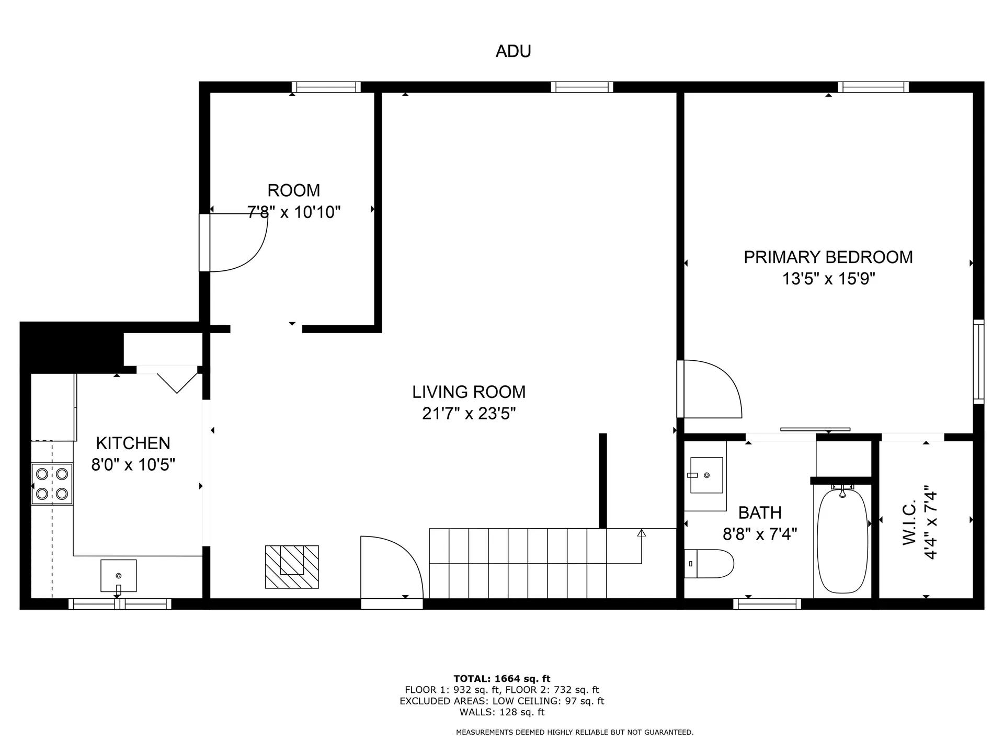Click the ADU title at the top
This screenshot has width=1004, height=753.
513,51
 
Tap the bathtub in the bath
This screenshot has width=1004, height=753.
842,540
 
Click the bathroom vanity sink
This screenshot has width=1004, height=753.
706,475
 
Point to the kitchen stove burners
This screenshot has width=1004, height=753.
52,484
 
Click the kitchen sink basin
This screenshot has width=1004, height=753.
119,576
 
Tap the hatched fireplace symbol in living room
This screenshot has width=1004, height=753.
292,567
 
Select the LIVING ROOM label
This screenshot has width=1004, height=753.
469,392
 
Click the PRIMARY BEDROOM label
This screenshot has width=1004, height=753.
828,257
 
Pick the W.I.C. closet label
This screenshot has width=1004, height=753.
910,522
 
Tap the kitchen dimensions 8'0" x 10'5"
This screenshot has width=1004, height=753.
133,464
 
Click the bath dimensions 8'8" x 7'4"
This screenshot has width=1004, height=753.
760,534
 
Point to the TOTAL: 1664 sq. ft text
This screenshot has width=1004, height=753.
502,679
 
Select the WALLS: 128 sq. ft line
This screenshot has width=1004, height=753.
502,712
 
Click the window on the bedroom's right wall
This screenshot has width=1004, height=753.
978,362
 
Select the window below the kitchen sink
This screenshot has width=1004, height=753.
120,604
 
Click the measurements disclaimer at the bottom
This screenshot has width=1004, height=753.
575,733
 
